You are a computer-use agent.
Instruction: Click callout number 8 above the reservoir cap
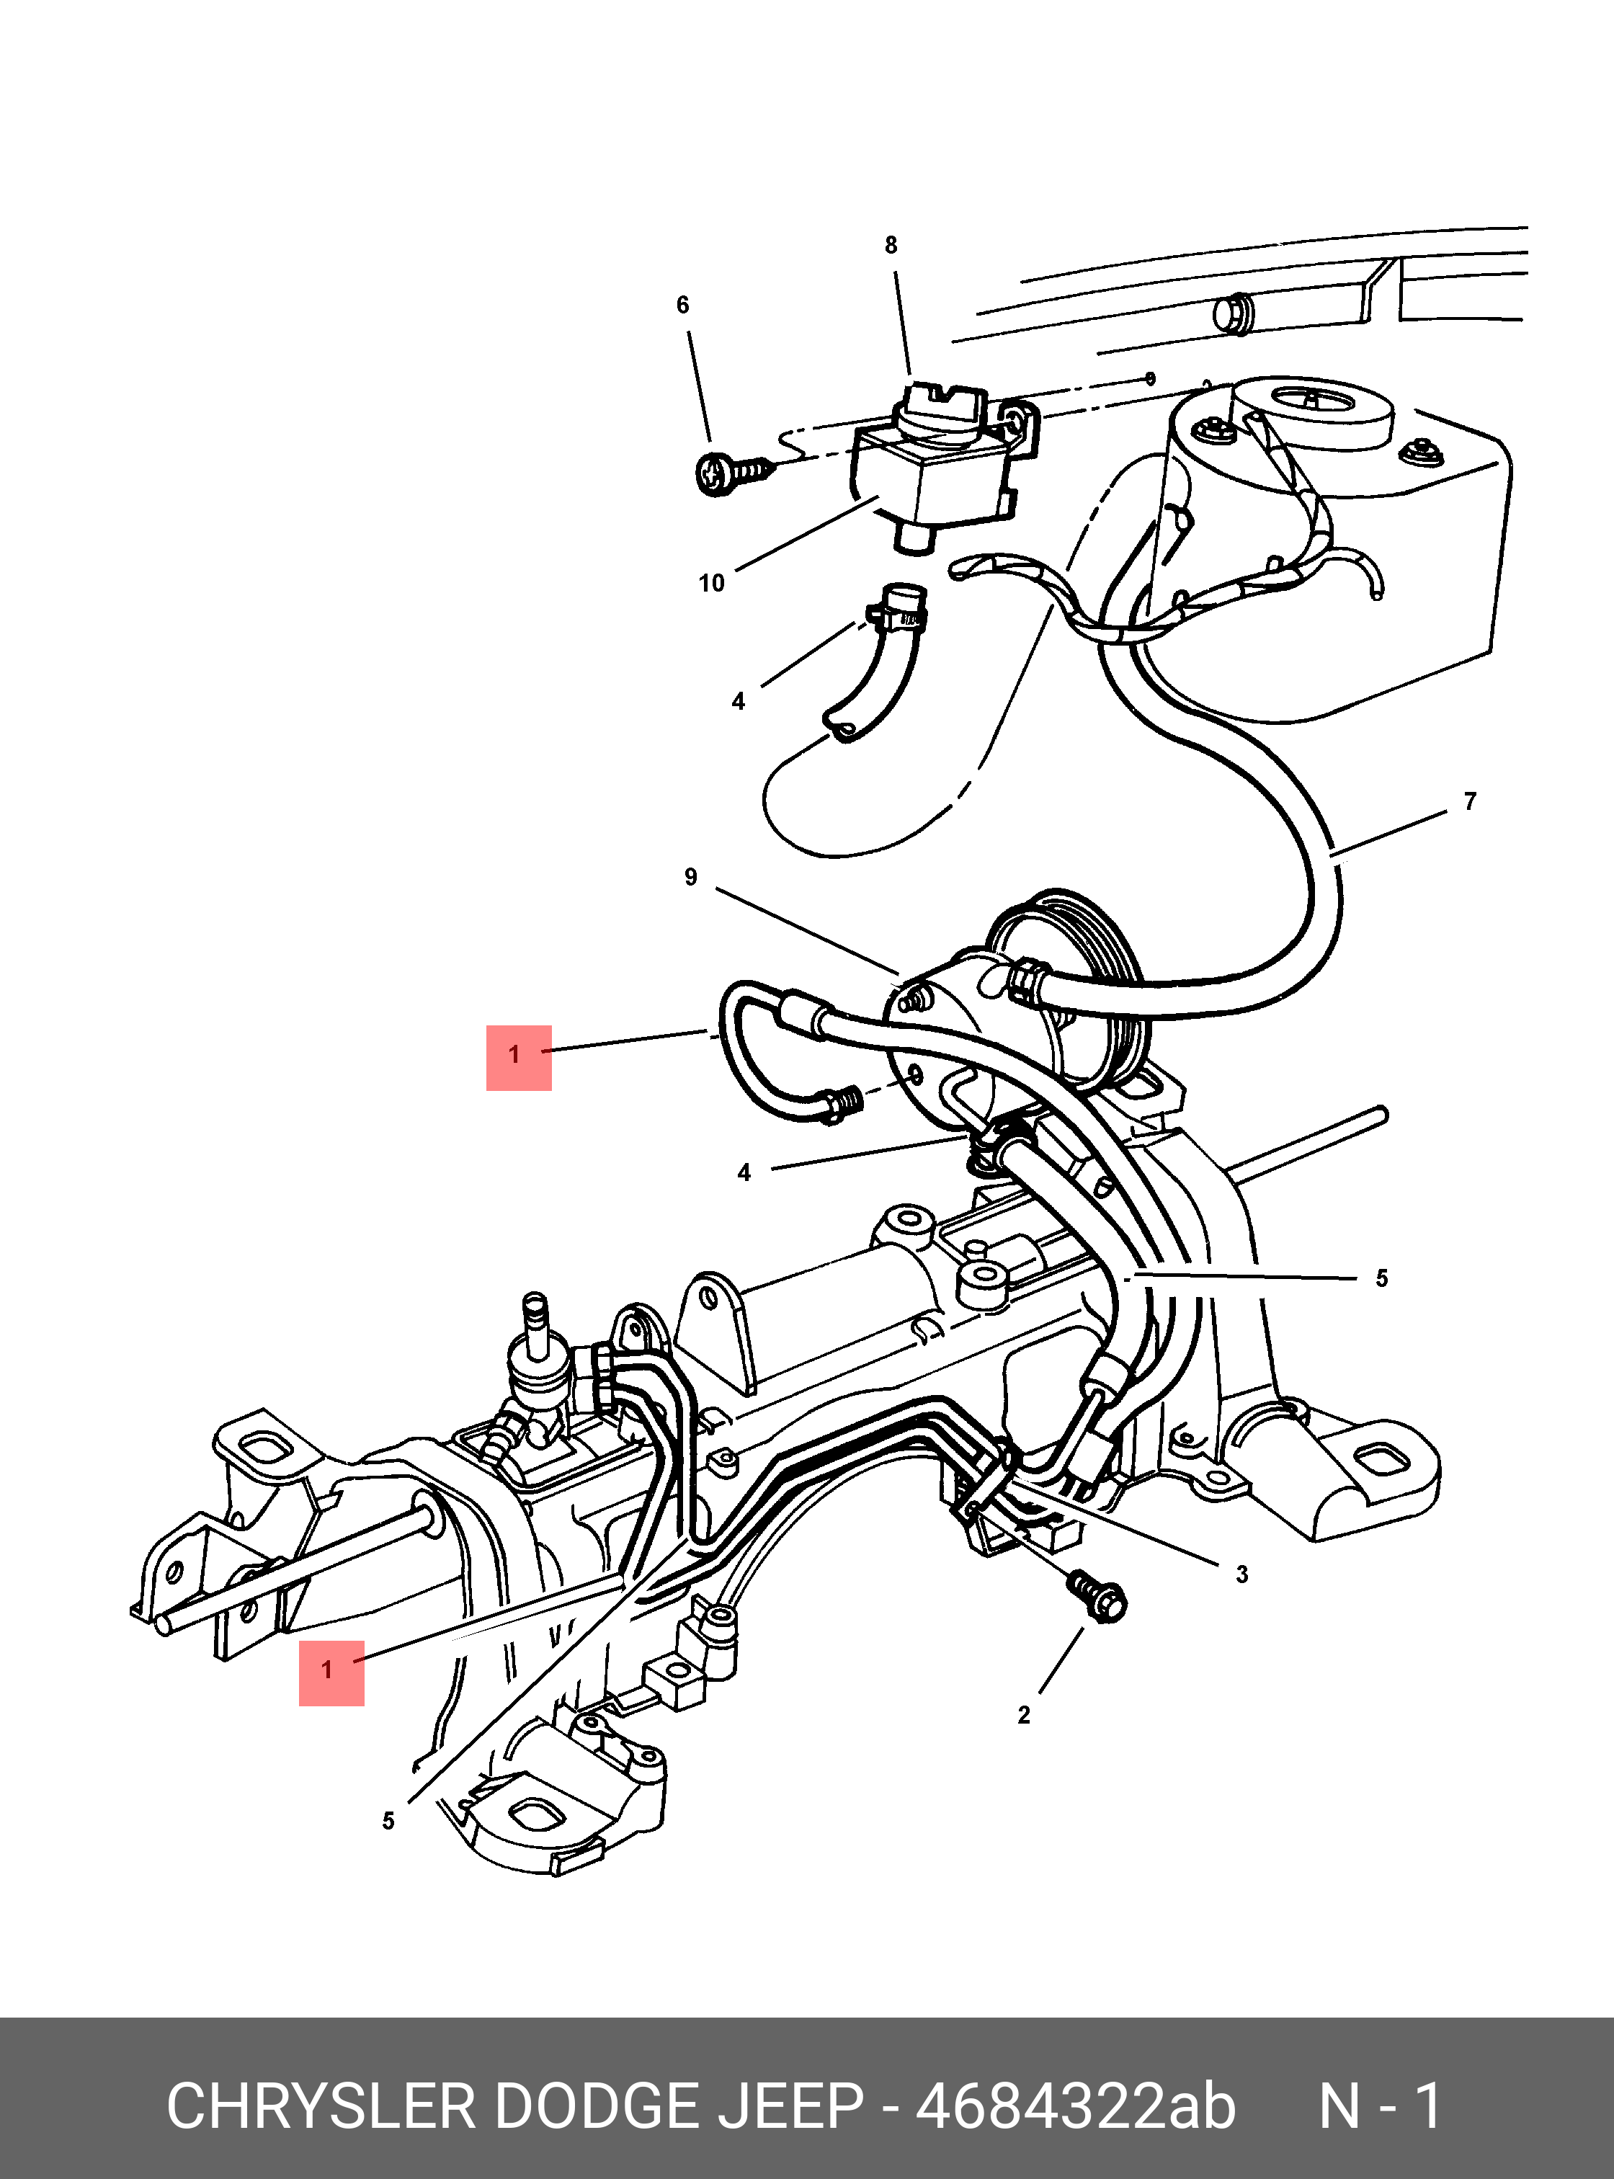pos(890,245)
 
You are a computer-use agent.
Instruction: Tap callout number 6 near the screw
pos(683,305)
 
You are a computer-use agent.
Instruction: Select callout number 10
pos(711,584)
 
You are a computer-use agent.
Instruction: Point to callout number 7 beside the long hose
pos(1469,801)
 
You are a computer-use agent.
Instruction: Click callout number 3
pos(1241,1574)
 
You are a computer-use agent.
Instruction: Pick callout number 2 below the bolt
pos(1024,1715)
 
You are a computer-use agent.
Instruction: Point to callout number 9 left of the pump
pos(691,878)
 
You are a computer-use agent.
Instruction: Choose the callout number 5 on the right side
pos(1381,1278)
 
